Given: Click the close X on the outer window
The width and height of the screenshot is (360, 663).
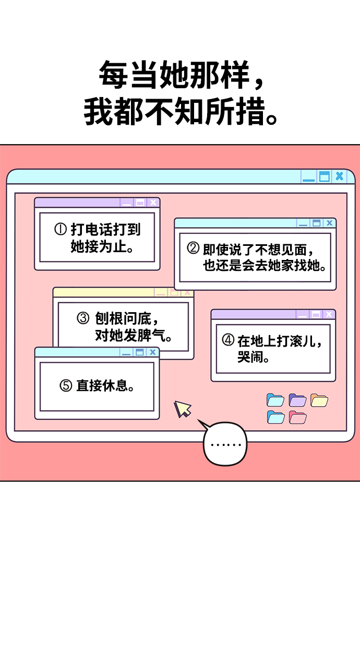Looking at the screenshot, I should (x=340, y=176).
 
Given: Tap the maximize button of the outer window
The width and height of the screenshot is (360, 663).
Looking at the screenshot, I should (x=325, y=176).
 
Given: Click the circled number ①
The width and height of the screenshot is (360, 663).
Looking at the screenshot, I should (x=61, y=229).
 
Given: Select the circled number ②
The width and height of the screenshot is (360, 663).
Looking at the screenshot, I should (x=193, y=248).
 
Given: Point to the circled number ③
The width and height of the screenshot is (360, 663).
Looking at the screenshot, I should (x=83, y=318).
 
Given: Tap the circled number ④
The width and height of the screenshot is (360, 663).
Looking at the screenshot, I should (x=228, y=341).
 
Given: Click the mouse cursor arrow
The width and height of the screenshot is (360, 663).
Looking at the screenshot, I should (x=182, y=408).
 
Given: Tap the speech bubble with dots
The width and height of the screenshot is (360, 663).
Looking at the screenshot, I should (x=225, y=445).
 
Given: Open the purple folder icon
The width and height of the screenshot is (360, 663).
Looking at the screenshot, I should (x=297, y=400).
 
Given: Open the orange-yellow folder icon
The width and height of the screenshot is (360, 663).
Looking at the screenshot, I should (x=319, y=400).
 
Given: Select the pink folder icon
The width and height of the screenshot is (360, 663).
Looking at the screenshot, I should (x=297, y=418).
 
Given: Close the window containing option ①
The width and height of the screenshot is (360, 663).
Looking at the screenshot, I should (x=153, y=203).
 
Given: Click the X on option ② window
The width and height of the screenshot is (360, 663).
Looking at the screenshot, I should (x=329, y=223).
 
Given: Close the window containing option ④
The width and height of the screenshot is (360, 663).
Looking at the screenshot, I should (x=329, y=314).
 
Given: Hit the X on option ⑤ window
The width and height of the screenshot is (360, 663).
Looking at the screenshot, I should (x=152, y=352).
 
